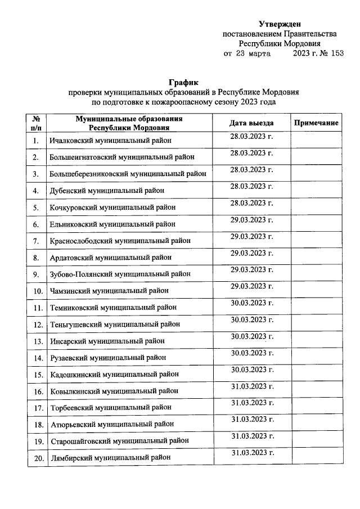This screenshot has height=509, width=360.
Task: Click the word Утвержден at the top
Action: (x=280, y=24)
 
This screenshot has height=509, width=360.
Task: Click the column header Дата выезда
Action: (x=251, y=123)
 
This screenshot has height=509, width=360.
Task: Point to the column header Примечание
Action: (x=316, y=123)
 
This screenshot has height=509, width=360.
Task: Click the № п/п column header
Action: (x=36, y=123)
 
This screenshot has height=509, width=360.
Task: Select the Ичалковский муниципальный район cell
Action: (x=110, y=141)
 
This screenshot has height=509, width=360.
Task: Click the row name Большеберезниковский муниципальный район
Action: (x=127, y=174)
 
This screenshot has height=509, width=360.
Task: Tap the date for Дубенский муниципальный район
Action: (x=251, y=186)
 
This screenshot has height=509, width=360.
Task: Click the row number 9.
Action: (x=36, y=274)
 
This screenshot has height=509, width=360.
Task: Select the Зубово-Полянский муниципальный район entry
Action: (x=120, y=274)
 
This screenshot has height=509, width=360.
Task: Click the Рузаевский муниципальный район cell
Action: (x=107, y=357)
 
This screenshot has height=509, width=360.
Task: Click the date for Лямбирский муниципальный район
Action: (x=251, y=453)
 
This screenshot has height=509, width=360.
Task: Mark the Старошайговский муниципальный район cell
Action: (x=119, y=440)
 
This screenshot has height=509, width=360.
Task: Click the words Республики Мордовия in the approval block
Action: (x=280, y=44)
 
